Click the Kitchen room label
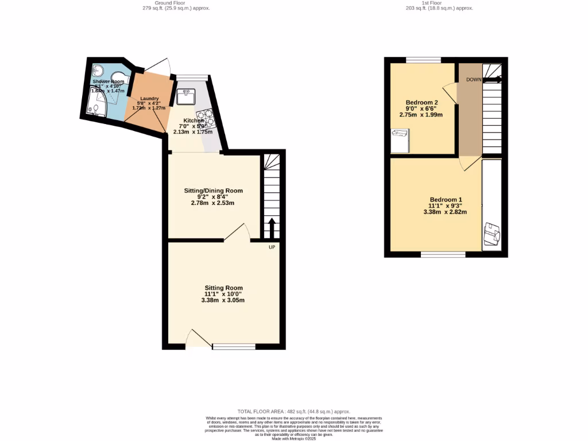coord(193,121)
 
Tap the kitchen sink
coord(185,96)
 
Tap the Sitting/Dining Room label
coord(213,191)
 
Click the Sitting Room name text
coord(223,288)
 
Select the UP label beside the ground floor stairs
coord(272,247)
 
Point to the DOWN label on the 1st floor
coord(474,80)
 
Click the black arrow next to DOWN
coord(493,80)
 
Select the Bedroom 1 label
coord(445,199)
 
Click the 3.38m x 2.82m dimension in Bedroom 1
coord(445,212)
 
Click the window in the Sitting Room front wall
coord(234,346)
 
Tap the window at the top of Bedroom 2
coord(424,60)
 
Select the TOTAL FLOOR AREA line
coord(293,412)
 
